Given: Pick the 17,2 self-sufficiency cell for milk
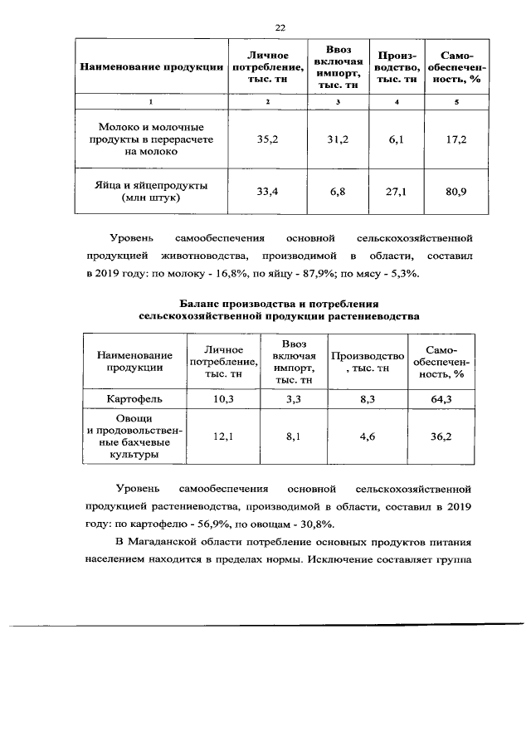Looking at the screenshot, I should (455, 139).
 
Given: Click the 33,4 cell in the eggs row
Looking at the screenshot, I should (266, 192).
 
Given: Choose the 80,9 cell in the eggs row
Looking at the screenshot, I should (455, 192).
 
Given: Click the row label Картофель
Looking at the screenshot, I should (134, 399).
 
